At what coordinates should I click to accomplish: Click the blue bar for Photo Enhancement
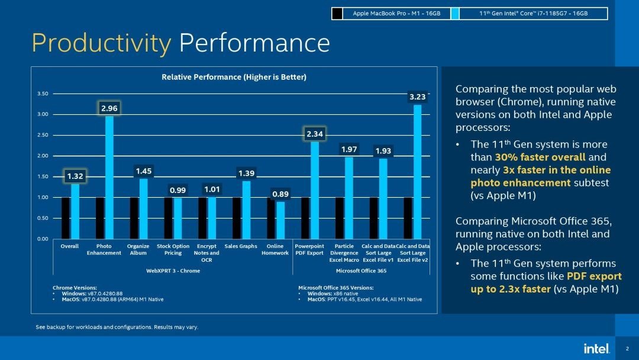click(109, 178)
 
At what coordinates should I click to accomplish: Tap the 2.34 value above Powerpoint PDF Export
click(314, 134)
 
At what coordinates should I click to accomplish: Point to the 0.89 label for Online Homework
click(280, 194)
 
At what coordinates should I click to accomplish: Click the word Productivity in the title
click(101, 43)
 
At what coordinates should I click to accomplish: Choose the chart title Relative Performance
click(234, 77)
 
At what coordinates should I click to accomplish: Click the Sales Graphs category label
click(240, 246)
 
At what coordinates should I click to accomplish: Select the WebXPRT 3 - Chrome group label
click(173, 271)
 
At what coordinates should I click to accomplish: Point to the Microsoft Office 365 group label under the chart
click(361, 271)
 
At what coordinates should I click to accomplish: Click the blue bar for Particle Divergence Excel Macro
click(348, 198)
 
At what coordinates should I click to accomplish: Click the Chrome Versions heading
click(75, 288)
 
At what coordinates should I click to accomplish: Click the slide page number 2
click(627, 349)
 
